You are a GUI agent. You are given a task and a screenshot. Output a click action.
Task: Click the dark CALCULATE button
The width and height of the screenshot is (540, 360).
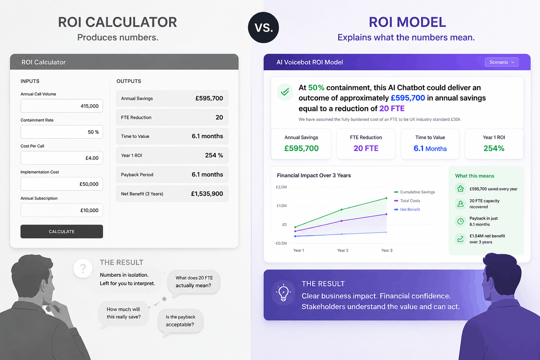62,231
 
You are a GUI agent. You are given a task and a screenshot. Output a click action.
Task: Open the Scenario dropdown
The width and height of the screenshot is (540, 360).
502,62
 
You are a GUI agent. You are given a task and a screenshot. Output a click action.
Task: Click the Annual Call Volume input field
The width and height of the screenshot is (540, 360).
62,106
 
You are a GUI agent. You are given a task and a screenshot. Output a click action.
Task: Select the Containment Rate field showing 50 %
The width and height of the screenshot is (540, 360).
62,132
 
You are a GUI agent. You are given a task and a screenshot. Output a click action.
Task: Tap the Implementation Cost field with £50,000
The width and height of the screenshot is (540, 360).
62,184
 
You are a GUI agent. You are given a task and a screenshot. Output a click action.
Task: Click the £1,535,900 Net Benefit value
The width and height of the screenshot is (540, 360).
207,194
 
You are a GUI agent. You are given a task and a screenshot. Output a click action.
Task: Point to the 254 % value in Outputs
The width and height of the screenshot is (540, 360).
214,155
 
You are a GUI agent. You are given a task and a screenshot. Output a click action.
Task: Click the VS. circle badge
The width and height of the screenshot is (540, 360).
263,27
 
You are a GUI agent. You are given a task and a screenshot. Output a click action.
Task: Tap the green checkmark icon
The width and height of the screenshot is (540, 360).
285,92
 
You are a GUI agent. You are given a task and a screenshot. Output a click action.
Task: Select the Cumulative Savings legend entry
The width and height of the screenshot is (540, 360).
414,192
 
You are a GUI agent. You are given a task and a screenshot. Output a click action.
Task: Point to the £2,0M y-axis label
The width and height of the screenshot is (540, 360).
281,187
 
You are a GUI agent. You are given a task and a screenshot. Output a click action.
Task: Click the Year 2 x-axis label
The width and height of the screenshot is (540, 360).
342,250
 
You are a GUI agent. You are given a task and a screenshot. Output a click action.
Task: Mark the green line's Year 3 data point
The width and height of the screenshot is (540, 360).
386,198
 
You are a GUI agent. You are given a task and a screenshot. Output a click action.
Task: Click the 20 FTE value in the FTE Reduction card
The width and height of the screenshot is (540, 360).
366,148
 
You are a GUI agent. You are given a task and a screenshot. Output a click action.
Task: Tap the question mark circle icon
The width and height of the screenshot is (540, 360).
83,268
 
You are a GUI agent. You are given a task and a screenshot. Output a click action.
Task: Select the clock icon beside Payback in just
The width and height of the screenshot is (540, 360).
461,221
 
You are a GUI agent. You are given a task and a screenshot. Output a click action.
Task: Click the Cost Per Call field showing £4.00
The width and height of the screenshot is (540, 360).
62,158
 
